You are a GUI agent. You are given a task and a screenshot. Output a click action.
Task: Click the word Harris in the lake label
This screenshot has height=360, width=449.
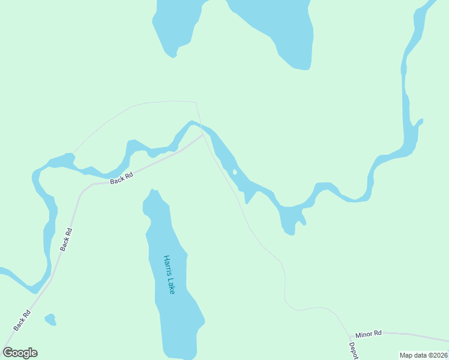(166, 266)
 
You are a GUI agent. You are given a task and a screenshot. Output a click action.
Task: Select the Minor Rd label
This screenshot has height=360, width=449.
(368, 334)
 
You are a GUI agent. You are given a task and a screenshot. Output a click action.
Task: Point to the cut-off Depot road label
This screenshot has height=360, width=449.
(353, 351)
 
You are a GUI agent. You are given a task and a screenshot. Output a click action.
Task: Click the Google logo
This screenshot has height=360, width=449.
(20, 353)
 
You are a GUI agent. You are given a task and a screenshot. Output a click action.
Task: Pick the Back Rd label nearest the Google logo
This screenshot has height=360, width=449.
(22, 320)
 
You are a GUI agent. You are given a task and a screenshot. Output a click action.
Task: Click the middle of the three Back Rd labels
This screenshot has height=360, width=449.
(66, 239)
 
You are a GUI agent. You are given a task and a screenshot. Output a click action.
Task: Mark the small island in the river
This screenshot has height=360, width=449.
(235, 172)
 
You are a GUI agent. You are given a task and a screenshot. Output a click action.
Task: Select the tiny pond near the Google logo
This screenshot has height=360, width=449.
(50, 319)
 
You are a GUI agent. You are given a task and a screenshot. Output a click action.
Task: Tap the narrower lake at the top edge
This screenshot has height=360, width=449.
(175, 24)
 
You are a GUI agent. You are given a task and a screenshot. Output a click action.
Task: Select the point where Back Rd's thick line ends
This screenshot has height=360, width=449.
(203, 136)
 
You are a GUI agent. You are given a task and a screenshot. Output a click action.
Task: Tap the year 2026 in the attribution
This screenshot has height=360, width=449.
(440, 355)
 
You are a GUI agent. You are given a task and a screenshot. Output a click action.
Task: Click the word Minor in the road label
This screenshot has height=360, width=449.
(364, 334)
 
